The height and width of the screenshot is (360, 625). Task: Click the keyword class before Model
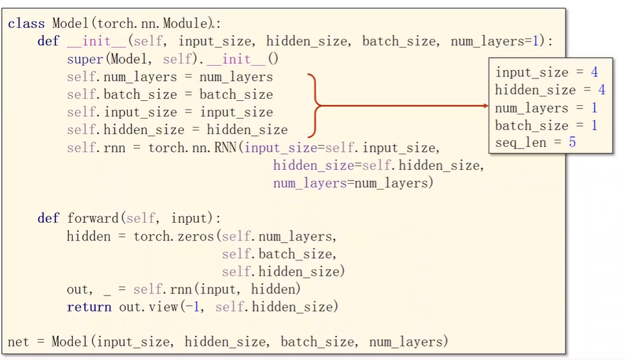point(26,24)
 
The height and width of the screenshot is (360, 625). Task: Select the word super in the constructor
point(86,59)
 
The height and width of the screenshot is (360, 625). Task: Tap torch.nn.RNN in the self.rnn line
point(193,147)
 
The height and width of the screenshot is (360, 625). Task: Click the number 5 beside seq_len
point(573,142)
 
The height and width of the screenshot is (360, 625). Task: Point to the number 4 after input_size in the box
point(594,72)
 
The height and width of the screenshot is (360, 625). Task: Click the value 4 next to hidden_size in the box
point(601,90)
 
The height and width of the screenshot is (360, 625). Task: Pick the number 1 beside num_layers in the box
point(594,108)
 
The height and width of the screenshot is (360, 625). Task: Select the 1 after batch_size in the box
point(594,125)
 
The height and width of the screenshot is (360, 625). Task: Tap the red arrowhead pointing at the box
point(485,106)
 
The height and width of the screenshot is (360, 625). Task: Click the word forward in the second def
point(93,218)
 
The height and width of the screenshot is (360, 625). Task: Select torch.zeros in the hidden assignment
point(174,236)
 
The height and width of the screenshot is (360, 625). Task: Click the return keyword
point(89,307)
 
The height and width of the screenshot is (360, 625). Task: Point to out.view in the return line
point(148,307)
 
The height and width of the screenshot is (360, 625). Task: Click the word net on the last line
point(19,342)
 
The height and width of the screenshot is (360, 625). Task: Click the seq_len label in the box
point(520,142)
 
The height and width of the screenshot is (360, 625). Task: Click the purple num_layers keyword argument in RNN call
point(310,183)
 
